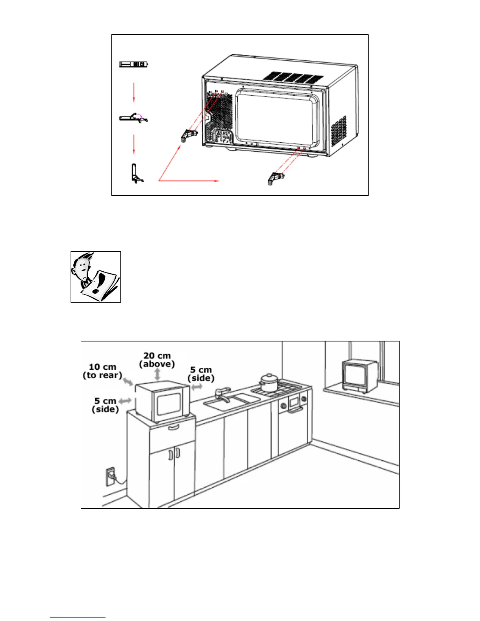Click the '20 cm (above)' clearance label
tap(157, 360)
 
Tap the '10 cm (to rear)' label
tap(102, 371)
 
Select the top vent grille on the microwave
tap(293, 77)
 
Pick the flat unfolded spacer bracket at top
tap(134, 64)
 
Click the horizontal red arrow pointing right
tap(188, 181)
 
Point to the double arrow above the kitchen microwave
tap(158, 374)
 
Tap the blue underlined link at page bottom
tap(78, 617)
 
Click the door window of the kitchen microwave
tap(169, 404)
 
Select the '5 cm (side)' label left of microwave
tap(105, 405)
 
